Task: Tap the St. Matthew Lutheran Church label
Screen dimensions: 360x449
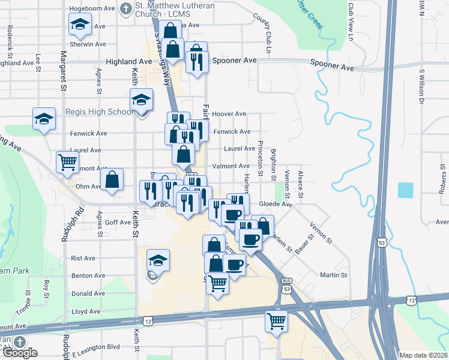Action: [x=170, y=11]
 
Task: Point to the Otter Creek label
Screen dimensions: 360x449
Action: [x=309, y=13]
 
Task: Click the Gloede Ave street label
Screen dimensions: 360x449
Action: [x=275, y=204]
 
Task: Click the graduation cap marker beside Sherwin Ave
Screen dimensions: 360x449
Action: [x=79, y=25]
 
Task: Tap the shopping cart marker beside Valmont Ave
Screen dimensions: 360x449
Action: [x=67, y=161]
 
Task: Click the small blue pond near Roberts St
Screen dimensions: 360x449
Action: [x=405, y=190]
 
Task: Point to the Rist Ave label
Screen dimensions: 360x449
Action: [x=83, y=258]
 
